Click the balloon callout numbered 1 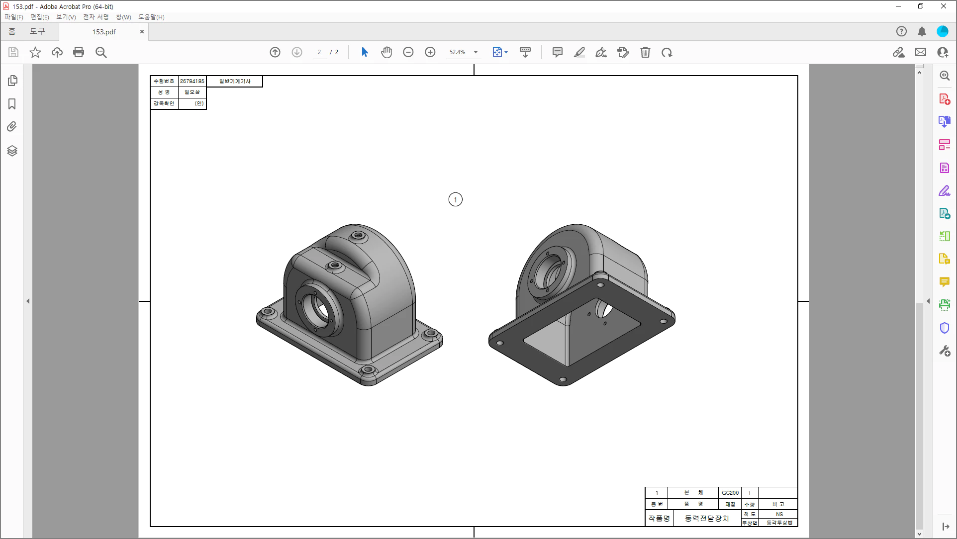(x=455, y=199)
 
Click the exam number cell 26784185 (x=192, y=81)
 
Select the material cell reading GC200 (x=730, y=493)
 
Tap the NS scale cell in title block (x=779, y=514)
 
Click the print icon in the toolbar (x=79, y=52)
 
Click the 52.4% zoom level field (x=457, y=52)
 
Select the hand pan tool (x=386, y=52)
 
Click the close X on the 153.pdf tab (x=142, y=31)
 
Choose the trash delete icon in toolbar (x=645, y=52)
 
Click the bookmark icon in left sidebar (x=12, y=103)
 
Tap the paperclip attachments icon (x=12, y=126)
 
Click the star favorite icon (x=35, y=52)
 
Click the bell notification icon (x=922, y=31)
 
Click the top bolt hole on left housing (x=358, y=235)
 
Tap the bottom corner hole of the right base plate (x=563, y=379)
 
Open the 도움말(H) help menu (x=151, y=17)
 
